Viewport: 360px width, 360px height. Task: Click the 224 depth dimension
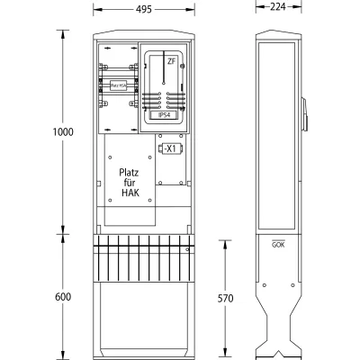[x=277, y=8]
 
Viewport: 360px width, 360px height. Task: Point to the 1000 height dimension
[x=62, y=132]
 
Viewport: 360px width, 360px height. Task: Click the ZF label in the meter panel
[x=171, y=60]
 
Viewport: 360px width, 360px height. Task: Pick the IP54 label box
[x=165, y=115]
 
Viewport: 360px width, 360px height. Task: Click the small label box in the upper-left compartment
[x=117, y=85]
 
